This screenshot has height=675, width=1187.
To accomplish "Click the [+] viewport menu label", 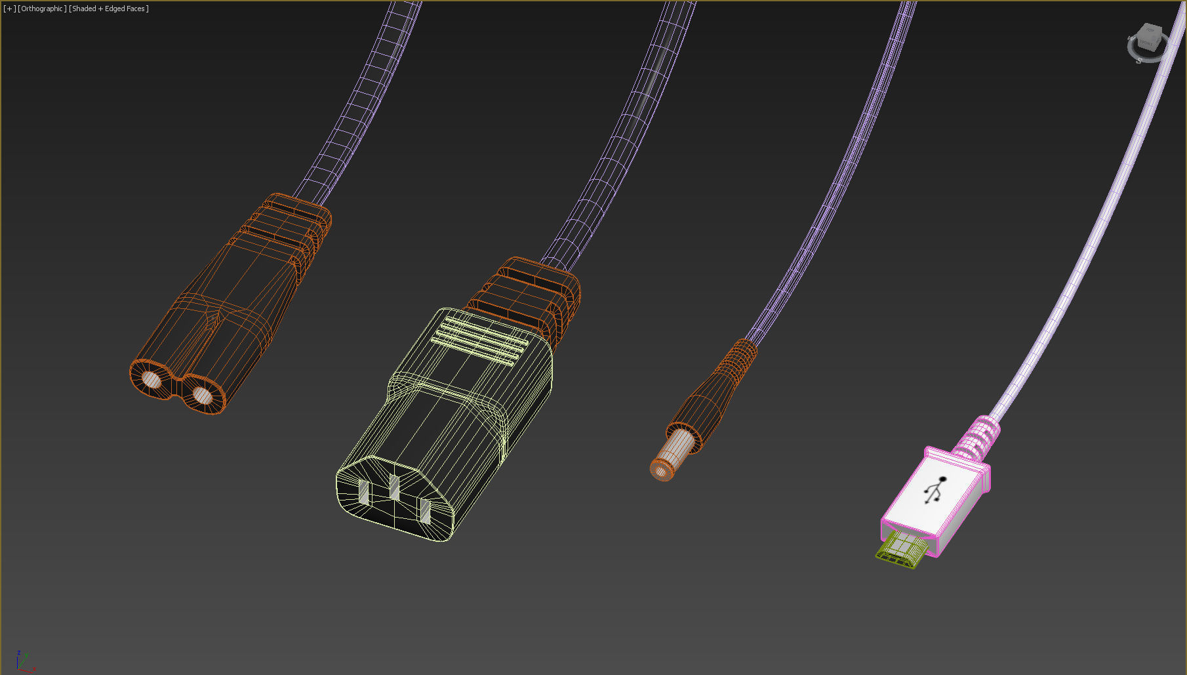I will coord(9,9).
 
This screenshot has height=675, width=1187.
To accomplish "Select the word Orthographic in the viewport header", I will coord(42,9).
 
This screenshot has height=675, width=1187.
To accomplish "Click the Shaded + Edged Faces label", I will coord(109,9).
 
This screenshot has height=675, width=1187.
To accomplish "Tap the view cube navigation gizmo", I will coord(1148,41).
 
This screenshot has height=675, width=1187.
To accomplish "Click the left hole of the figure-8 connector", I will coord(151,380).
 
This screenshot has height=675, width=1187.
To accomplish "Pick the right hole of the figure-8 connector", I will coord(202,396).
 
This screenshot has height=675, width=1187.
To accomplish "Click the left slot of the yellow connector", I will coord(364,492).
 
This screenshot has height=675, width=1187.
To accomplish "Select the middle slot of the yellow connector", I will coord(394,487).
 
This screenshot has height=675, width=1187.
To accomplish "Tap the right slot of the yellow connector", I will coord(426,511).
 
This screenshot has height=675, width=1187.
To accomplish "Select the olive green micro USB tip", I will coord(901,549).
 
